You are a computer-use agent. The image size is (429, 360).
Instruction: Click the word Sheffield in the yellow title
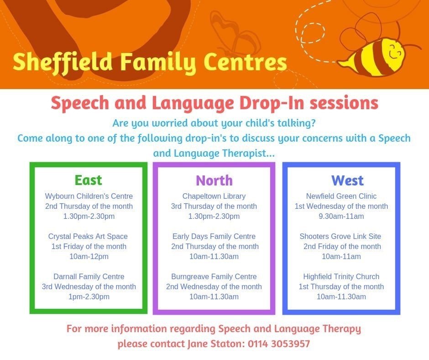[63, 62]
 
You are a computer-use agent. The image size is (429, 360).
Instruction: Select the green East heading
[89, 180]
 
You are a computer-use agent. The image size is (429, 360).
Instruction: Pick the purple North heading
[214, 180]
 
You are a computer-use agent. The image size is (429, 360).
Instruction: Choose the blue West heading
[347, 180]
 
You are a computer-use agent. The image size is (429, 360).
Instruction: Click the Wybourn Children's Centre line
[89, 196]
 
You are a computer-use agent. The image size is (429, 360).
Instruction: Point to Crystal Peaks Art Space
[88, 237]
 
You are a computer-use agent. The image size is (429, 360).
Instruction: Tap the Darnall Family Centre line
[89, 276]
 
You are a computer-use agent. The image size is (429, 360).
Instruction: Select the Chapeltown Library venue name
[214, 196]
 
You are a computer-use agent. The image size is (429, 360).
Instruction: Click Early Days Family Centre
[214, 237]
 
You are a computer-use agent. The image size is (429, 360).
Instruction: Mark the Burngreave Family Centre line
[214, 276]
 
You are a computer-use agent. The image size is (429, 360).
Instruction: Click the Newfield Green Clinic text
[341, 196]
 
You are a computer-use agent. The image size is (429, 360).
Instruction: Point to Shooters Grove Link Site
[340, 237]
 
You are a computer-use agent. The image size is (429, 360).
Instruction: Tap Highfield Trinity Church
[341, 276]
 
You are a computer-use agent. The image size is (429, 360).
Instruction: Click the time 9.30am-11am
[341, 216]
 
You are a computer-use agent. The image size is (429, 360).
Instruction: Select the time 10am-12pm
[89, 256]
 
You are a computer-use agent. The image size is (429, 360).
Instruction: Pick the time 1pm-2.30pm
[89, 296]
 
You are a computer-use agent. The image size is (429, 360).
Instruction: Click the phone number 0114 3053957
[279, 344]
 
